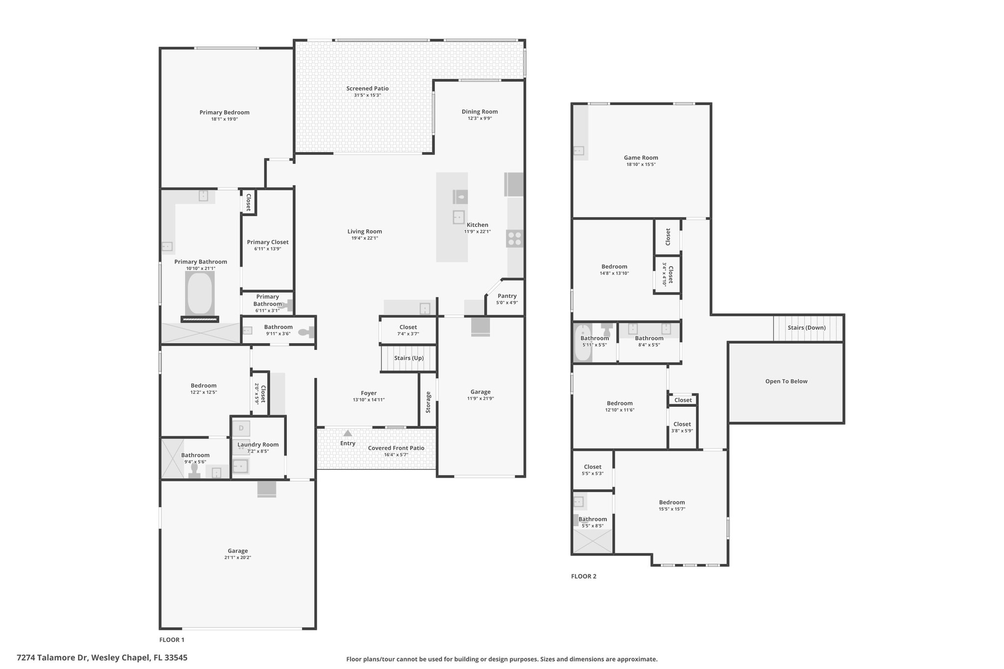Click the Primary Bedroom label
click(x=225, y=112)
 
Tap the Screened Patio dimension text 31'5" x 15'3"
click(x=368, y=95)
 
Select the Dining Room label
click(x=479, y=112)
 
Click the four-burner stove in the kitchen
click(x=515, y=239)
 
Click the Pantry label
click(x=507, y=296)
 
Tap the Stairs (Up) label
click(x=409, y=358)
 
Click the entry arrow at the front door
click(x=348, y=433)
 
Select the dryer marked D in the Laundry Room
click(x=241, y=428)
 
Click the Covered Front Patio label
click(x=396, y=448)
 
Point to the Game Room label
click(x=641, y=158)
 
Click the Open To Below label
click(x=786, y=381)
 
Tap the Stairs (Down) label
click(x=806, y=328)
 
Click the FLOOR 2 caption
click(x=584, y=576)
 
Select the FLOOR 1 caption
click(x=172, y=640)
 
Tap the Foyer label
click(x=369, y=393)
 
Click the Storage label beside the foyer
click(x=428, y=402)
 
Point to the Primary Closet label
click(x=268, y=242)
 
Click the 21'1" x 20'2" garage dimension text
click(x=237, y=558)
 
